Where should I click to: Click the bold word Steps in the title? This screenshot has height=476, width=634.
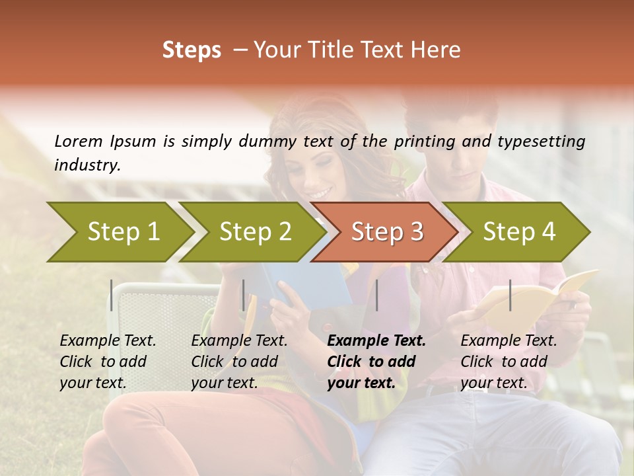click(192, 50)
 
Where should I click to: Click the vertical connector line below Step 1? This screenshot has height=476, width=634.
click(112, 295)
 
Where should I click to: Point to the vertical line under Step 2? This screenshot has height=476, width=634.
click(244, 295)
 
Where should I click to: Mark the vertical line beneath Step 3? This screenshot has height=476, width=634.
click(376, 295)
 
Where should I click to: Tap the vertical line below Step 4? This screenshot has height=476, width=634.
click(510, 295)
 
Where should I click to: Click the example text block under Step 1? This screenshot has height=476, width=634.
click(108, 362)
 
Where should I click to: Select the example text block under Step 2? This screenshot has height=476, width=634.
click(239, 362)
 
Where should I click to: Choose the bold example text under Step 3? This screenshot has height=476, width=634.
click(376, 362)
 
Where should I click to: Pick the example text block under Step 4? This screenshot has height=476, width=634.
click(509, 362)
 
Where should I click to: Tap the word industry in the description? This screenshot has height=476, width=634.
click(87, 165)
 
